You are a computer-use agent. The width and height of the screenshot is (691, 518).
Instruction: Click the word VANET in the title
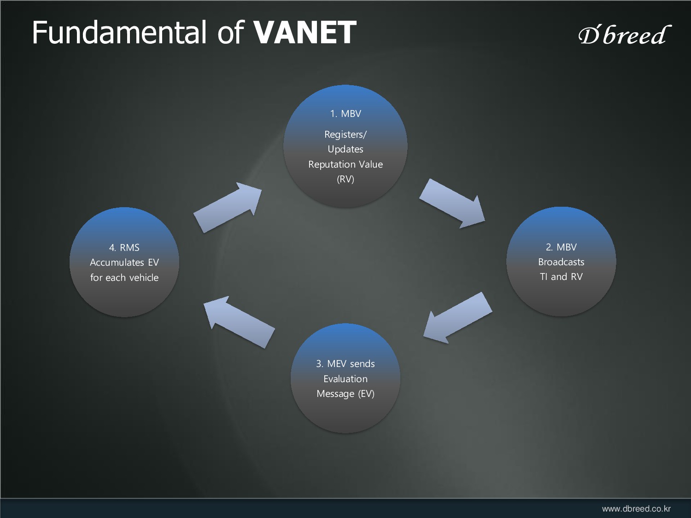coord(305,33)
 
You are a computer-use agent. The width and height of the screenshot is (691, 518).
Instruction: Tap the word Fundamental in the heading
coord(119,33)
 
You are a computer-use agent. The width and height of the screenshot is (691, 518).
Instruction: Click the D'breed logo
coord(624,35)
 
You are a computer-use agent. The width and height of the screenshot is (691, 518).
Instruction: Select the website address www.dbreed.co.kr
coord(636,509)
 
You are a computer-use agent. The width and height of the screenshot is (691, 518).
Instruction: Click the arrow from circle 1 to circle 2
coord(453,203)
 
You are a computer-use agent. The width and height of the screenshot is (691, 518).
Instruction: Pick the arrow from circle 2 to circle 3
coord(457,318)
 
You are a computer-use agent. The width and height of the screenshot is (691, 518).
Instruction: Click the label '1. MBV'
coord(345,114)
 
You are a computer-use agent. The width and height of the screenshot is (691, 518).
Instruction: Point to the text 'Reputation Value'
coord(345,164)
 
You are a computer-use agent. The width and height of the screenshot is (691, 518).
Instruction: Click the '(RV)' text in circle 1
coord(345,179)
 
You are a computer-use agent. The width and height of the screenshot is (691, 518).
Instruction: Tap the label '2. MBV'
coord(561,247)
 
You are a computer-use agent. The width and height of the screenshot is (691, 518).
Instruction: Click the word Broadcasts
coord(561,262)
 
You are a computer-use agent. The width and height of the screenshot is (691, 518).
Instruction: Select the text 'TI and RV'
coord(561,277)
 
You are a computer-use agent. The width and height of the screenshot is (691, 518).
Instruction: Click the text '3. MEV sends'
coord(345,364)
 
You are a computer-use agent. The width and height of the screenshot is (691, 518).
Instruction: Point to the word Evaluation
coord(345,379)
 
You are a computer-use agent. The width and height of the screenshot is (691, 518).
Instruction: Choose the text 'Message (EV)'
coord(345,394)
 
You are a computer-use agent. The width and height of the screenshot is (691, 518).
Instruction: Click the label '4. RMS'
coord(124,248)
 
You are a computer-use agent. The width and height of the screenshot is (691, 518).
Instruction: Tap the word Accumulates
coord(117,262)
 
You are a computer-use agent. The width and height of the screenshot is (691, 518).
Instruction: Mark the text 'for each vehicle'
coord(124,278)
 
